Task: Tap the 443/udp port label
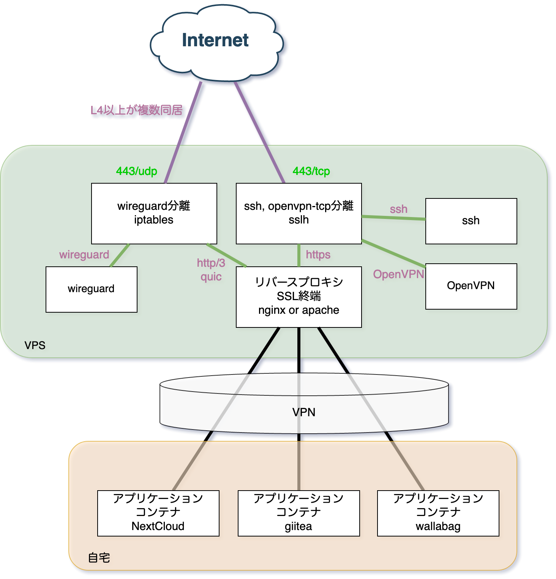(x=136, y=171)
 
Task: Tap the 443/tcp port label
(x=311, y=171)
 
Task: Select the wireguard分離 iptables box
(x=154, y=213)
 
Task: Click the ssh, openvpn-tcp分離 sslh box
(x=299, y=213)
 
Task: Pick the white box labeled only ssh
(x=471, y=221)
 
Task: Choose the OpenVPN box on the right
(x=471, y=286)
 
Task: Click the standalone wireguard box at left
(x=91, y=289)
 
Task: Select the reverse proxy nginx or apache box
(x=299, y=296)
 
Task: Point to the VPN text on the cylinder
(x=303, y=412)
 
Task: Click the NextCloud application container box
(x=158, y=513)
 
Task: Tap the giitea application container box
(x=299, y=513)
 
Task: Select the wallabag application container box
(x=438, y=513)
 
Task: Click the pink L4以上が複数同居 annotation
(x=136, y=110)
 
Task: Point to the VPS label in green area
(x=35, y=345)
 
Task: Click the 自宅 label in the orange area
(x=99, y=558)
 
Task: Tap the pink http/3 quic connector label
(x=211, y=270)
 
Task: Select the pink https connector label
(x=318, y=255)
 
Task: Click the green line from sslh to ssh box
(x=393, y=218)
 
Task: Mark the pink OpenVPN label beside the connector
(x=398, y=274)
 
